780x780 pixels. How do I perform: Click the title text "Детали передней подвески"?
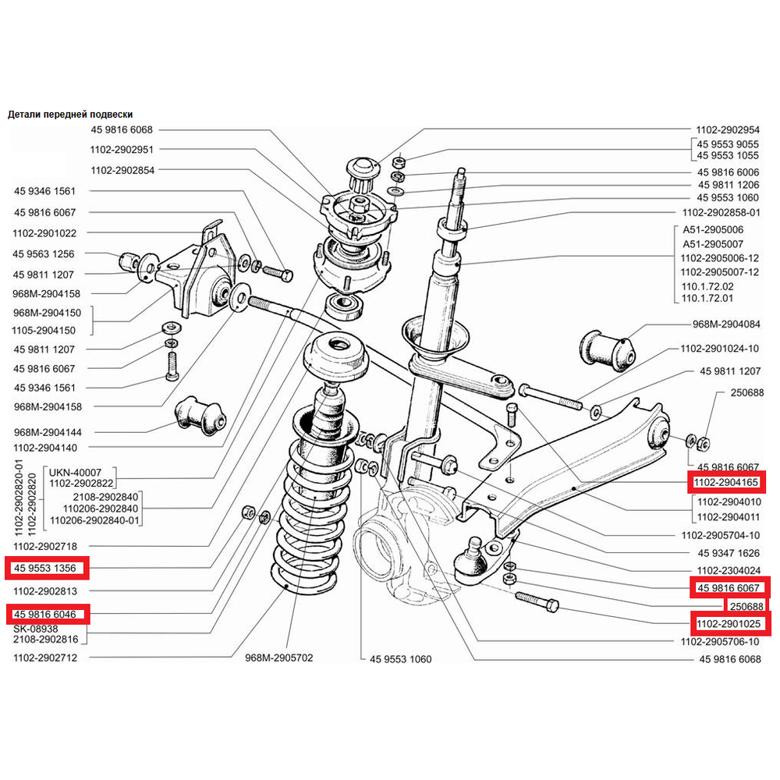(70, 115)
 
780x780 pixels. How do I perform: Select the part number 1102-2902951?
(122, 150)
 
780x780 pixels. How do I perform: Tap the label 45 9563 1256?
(43, 254)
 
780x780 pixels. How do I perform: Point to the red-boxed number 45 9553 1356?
(45, 568)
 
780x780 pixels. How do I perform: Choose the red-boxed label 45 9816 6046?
(45, 615)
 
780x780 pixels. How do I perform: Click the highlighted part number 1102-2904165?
(726, 482)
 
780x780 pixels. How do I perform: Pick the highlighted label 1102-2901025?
(729, 624)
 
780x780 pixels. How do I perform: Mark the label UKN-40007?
(75, 473)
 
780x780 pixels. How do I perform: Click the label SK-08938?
(36, 629)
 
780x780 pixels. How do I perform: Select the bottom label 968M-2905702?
(279, 658)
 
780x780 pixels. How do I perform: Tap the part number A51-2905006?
(713, 230)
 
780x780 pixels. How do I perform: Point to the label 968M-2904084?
(726, 324)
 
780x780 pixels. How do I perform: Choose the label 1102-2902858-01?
(721, 213)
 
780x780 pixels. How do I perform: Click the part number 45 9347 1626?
(729, 553)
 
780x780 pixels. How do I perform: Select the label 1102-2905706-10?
(720, 642)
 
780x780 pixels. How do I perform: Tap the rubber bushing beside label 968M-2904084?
(608, 349)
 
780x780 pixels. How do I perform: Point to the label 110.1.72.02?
(707, 286)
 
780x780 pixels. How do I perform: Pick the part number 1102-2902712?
(45, 658)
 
